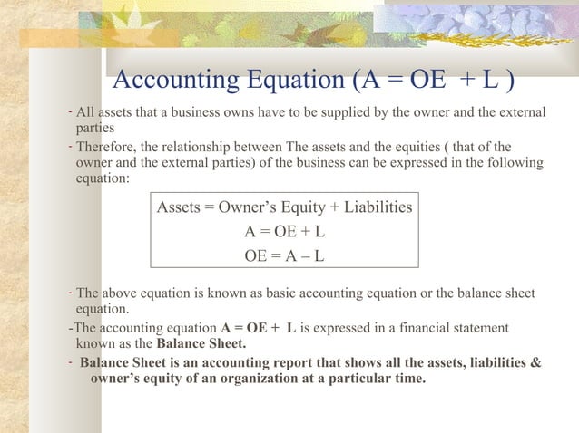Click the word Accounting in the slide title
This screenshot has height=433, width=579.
[171, 81]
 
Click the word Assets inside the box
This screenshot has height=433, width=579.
[179, 207]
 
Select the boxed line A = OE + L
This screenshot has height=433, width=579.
[284, 231]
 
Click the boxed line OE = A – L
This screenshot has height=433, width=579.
[284, 255]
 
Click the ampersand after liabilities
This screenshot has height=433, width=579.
[536, 362]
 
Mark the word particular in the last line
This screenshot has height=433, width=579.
[358, 378]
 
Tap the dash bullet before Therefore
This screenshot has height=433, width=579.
[70, 145]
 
